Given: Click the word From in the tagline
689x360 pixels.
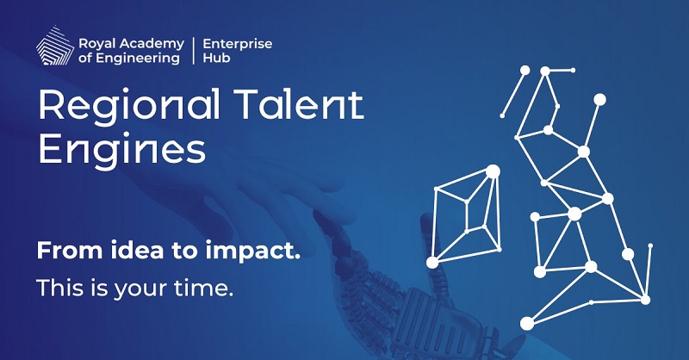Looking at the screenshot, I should pyautogui.click(x=64, y=251).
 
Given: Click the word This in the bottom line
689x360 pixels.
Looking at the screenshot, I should pyautogui.click(x=59, y=289).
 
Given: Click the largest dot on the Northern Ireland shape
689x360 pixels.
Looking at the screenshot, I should pyautogui.click(x=493, y=171).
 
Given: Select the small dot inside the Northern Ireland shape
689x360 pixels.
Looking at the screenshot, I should pyautogui.click(x=467, y=203).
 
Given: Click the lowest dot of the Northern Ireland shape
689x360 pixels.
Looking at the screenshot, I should pyautogui.click(x=432, y=262).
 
